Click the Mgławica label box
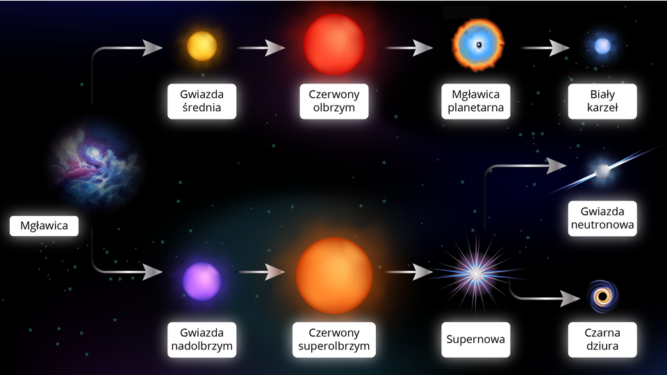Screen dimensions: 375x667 pos(44,226)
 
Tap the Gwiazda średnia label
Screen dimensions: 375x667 pos(201,101)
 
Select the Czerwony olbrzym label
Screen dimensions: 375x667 pos(334,101)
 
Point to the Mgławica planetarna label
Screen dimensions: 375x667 pos(476,101)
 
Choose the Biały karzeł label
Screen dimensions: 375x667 pos(602,101)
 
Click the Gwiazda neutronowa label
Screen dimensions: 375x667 pos(602,218)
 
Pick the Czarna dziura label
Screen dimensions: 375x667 pos(602,340)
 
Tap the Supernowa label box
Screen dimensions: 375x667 pos(476,340)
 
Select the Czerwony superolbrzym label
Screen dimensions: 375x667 pos(334,340)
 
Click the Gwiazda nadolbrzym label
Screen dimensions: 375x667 pos(201,340)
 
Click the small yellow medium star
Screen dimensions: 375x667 pos(201,46)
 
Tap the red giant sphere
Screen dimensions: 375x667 pos(334,44)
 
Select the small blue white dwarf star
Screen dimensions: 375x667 pos(602,47)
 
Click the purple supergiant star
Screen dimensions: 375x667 pos(201,281)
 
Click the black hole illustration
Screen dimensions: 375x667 pos(602,297)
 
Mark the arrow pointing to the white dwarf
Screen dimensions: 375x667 pos(545,48)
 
